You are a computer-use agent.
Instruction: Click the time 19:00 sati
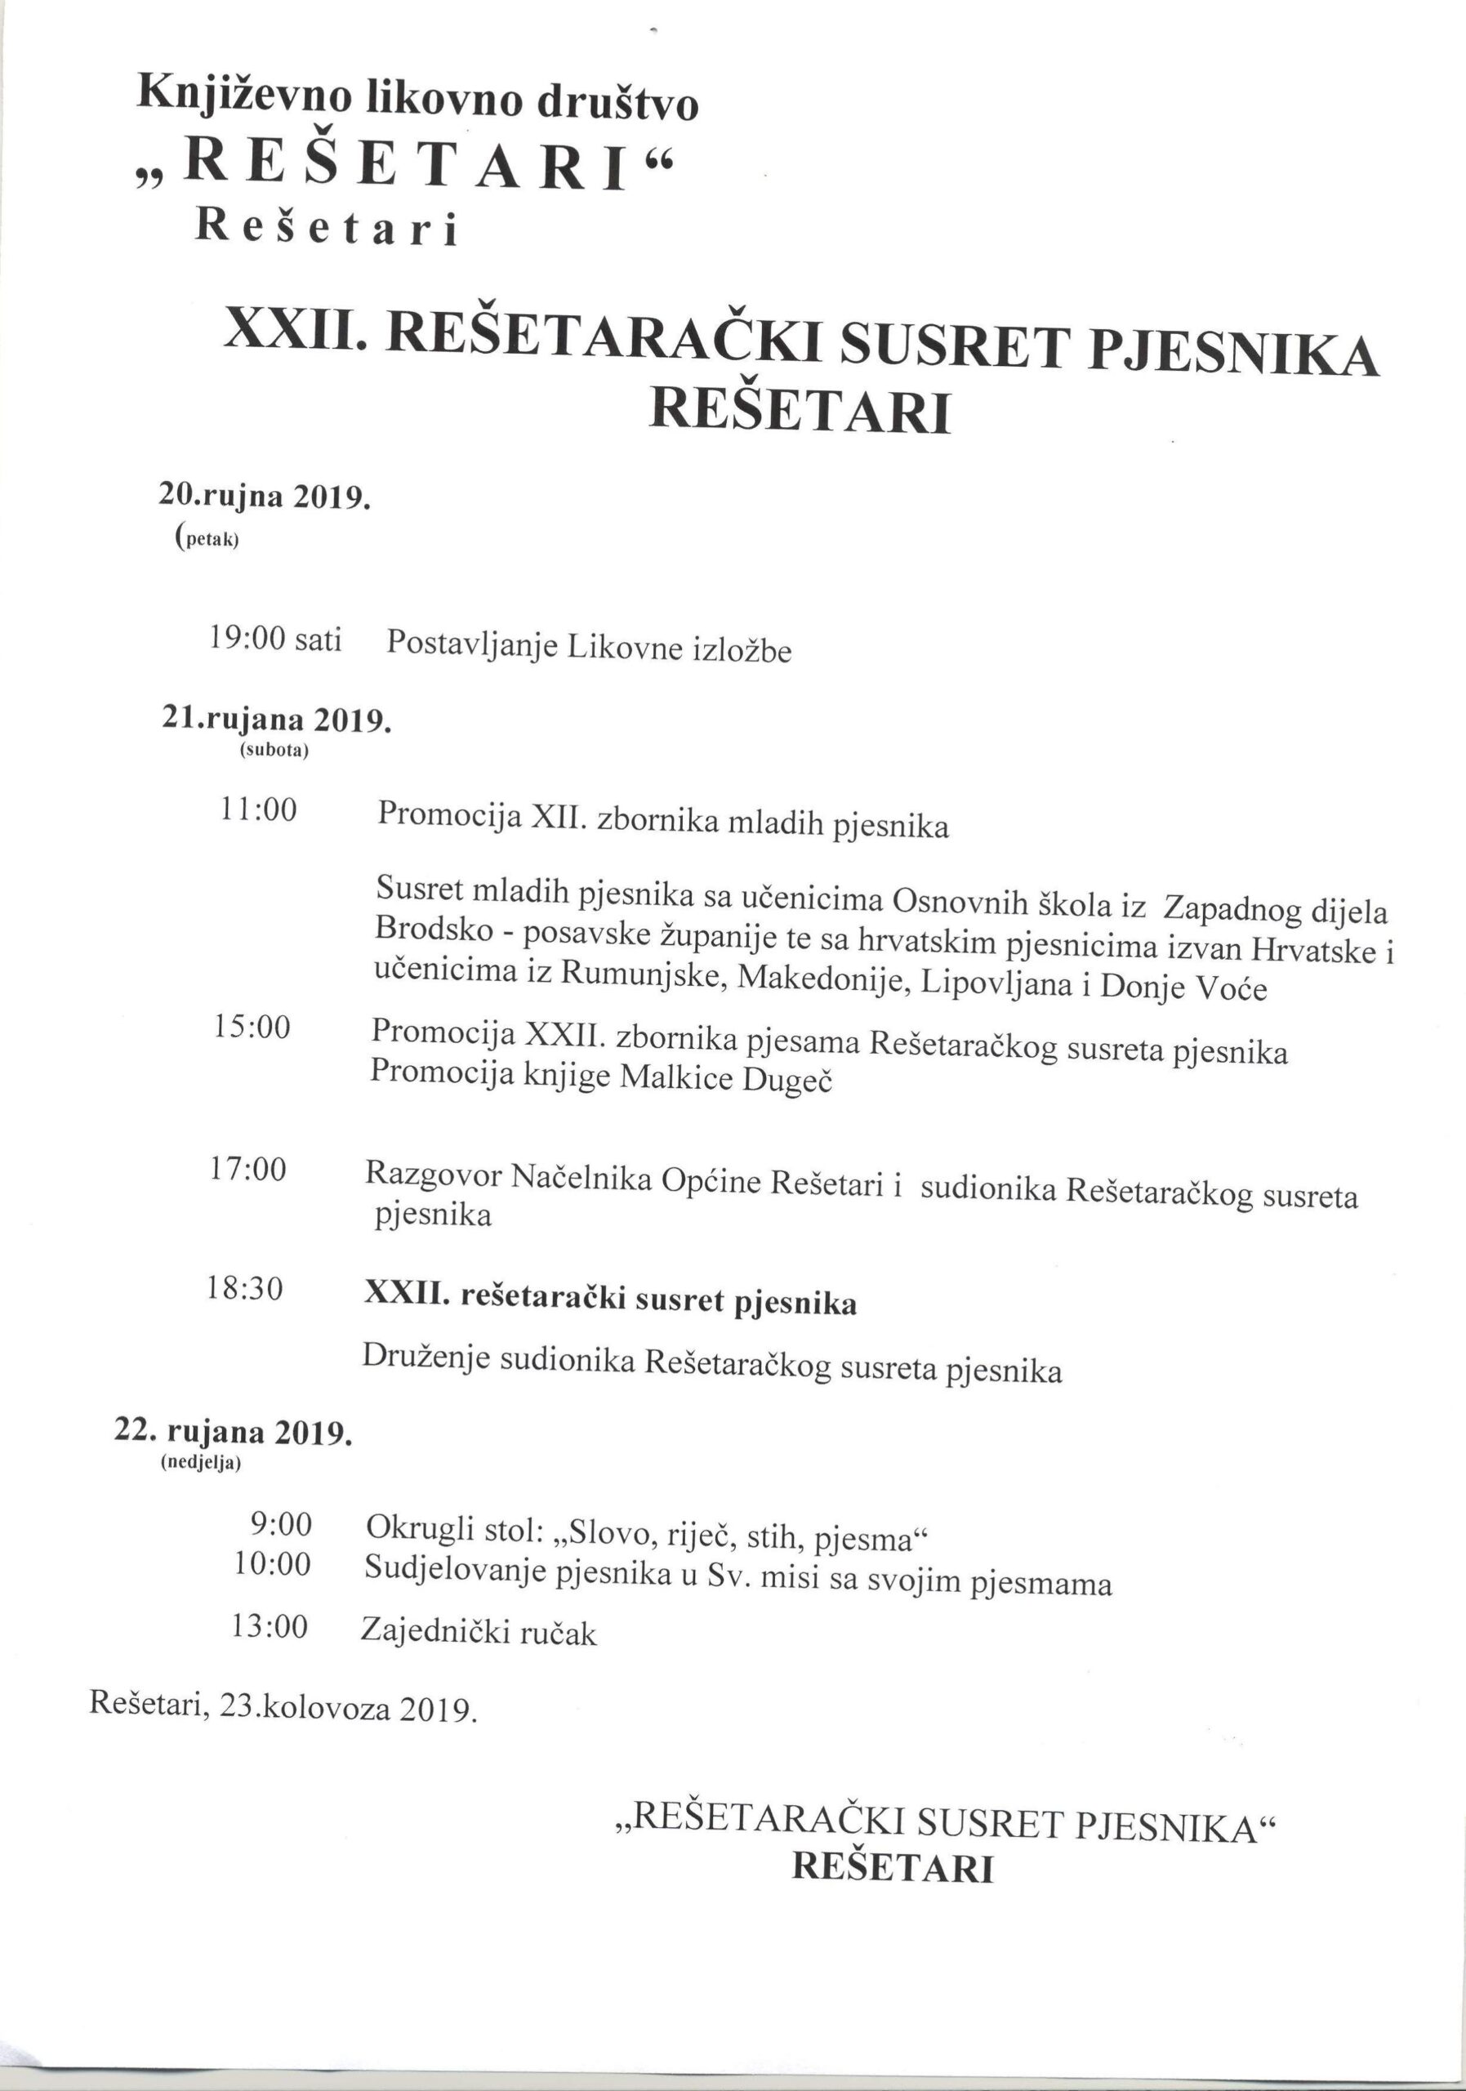pyautogui.click(x=274, y=640)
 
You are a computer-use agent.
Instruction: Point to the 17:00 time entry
pyautogui.click(x=247, y=1170)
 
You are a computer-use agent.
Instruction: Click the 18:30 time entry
pyautogui.click(x=245, y=1289)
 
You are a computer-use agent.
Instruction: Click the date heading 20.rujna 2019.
pyautogui.click(x=264, y=497)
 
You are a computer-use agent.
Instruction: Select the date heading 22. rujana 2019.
pyautogui.click(x=232, y=1431)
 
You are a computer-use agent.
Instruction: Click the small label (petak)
pyautogui.click(x=206, y=538)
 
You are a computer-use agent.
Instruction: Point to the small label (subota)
pyautogui.click(x=274, y=752)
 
